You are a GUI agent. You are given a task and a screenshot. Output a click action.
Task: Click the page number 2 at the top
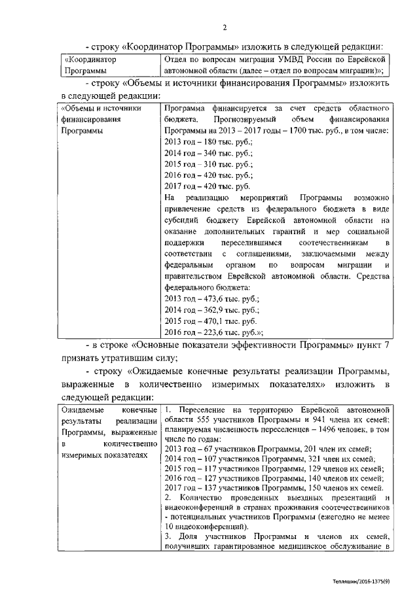pos(225,27)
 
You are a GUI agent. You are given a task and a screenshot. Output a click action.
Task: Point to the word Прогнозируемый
pos(244,118)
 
